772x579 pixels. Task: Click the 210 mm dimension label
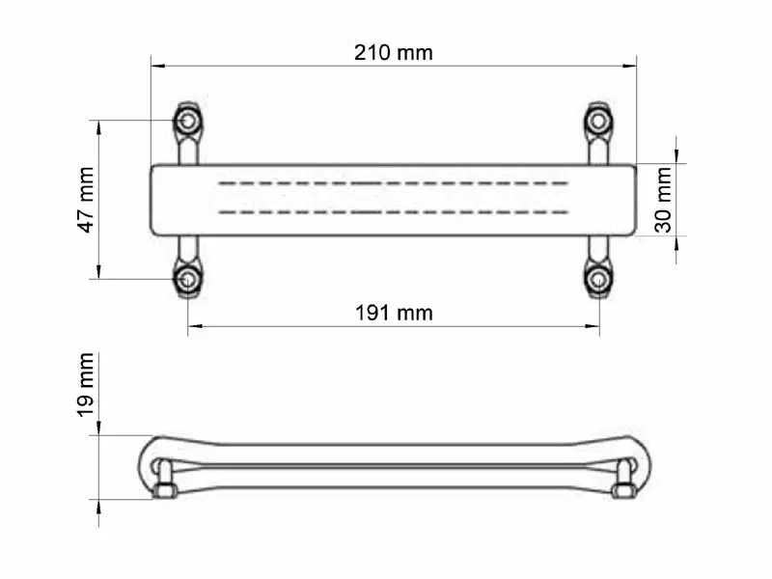click(x=394, y=52)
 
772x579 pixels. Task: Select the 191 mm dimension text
click(x=394, y=313)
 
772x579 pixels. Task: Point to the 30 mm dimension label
click(x=663, y=200)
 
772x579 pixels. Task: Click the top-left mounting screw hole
click(x=187, y=122)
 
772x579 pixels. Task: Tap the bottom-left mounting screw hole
click(x=187, y=280)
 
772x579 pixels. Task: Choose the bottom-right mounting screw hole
click(x=599, y=280)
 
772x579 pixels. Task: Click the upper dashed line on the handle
click(x=394, y=182)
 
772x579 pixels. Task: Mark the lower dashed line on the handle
click(x=394, y=210)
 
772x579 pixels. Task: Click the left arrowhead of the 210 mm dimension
click(x=157, y=66)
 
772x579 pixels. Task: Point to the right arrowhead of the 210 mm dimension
click(x=629, y=66)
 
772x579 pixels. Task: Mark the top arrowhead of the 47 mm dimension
click(x=99, y=126)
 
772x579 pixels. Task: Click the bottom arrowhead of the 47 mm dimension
click(x=99, y=273)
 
